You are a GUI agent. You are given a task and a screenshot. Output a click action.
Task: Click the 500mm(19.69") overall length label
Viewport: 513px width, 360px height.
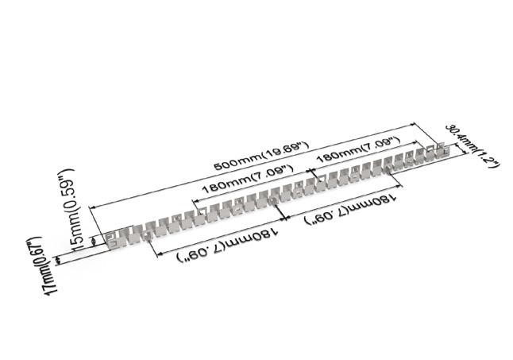261,156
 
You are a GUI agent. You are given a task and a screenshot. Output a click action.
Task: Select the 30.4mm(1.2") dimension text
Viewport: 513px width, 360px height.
472,146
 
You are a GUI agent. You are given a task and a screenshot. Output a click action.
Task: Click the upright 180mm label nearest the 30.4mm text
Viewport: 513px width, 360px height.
359,150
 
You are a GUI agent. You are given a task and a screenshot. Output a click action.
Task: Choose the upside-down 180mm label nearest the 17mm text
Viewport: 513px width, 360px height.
228,246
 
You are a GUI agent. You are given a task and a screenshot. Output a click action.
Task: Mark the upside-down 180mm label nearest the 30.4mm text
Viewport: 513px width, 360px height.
350,210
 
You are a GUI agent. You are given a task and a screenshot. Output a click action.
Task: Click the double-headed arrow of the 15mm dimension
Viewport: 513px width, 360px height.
94,242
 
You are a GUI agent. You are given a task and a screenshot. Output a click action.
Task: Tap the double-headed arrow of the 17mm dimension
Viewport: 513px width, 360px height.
58,260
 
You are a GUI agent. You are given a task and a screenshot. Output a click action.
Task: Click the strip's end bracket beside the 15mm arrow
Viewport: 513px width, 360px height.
111,241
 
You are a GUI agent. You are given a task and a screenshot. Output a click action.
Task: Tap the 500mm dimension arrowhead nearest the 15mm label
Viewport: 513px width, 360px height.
93,207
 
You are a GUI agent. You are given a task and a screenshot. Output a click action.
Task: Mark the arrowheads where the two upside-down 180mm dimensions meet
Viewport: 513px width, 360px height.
283,219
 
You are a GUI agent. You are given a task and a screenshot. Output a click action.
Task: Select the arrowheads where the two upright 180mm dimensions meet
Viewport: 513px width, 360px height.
310,171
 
